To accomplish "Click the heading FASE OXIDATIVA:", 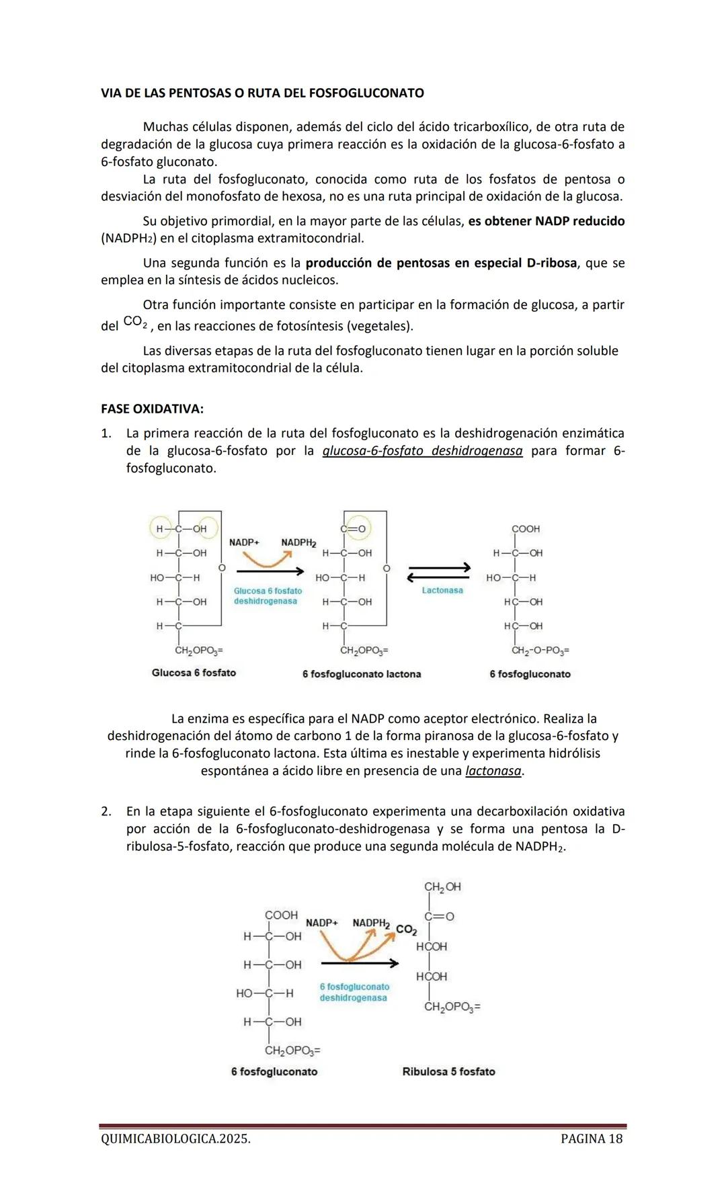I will [152, 409].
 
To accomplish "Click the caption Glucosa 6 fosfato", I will [194, 673].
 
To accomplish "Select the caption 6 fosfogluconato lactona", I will [362, 674].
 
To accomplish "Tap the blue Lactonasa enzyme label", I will [442, 590].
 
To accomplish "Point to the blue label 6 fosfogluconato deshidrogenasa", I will [354, 992].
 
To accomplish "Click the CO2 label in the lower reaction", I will [406, 930].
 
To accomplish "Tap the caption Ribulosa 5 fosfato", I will [448, 1071].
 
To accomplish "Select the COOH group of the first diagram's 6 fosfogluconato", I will [526, 529].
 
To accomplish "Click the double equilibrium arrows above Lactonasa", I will [440, 573].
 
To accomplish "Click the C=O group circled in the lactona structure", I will [354, 529].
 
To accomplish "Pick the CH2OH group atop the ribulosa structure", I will [442, 887].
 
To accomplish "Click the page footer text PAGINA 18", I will [591, 1139].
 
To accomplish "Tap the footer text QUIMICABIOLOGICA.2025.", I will [175, 1139].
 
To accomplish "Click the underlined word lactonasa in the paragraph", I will [493, 771].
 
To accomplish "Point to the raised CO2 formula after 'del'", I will [134, 323].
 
